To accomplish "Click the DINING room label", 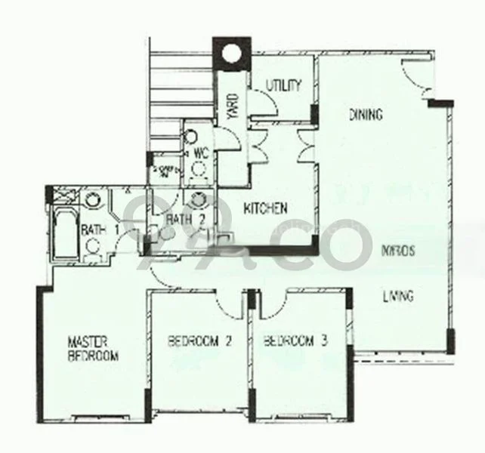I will (366, 116).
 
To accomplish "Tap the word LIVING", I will (397, 296).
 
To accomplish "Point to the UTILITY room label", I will (284, 85).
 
